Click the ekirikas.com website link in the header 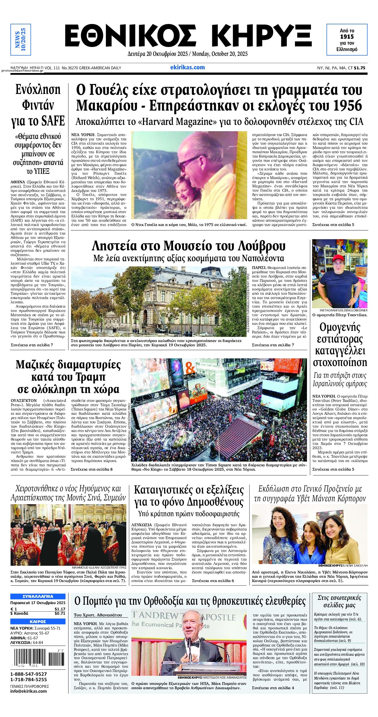pos(187,68)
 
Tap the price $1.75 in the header pos(360,68)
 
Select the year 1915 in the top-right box pos(347,37)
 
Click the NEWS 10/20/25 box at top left pos(20,40)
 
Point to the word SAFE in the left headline pos(52,121)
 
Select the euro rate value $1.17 pos(60,609)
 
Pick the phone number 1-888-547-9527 pos(29,674)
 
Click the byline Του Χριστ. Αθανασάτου pos(98,615)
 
